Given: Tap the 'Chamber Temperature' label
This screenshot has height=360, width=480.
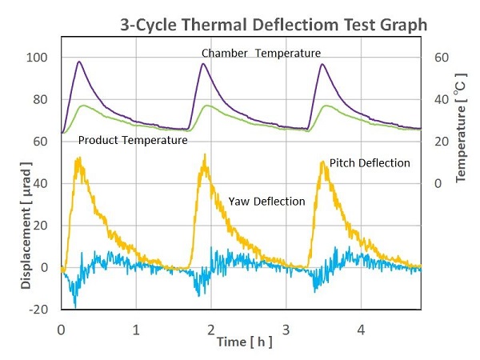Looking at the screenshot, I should (261, 54).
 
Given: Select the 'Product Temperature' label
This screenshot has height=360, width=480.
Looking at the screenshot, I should (133, 140).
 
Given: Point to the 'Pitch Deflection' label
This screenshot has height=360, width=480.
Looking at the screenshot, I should (370, 162).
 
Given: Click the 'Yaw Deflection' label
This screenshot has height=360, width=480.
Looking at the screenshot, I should (266, 202).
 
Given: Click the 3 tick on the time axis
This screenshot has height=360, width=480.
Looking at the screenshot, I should (286, 328).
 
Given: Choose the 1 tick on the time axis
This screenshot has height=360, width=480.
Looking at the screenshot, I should (136, 328).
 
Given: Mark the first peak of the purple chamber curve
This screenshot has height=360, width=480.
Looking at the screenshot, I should (78, 62).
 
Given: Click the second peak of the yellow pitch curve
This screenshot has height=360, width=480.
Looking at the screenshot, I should (205, 156).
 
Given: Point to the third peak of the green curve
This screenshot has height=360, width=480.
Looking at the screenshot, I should (327, 106).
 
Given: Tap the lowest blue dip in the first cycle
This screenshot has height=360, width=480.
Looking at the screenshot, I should (75, 306).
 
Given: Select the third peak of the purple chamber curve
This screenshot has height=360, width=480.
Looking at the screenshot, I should (322, 64).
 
